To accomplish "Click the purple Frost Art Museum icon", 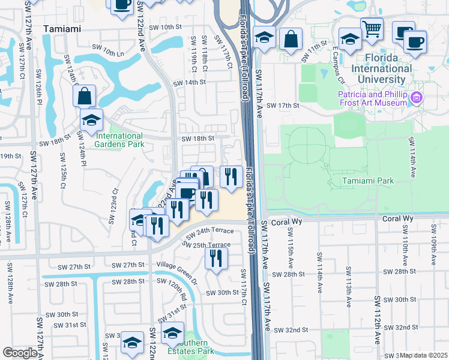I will click(x=416, y=98).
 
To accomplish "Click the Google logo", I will click(x=20, y=353).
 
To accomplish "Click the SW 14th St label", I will click(x=189, y=83).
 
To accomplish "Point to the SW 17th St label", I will click(x=283, y=106).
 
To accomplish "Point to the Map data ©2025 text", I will click(x=424, y=355).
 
